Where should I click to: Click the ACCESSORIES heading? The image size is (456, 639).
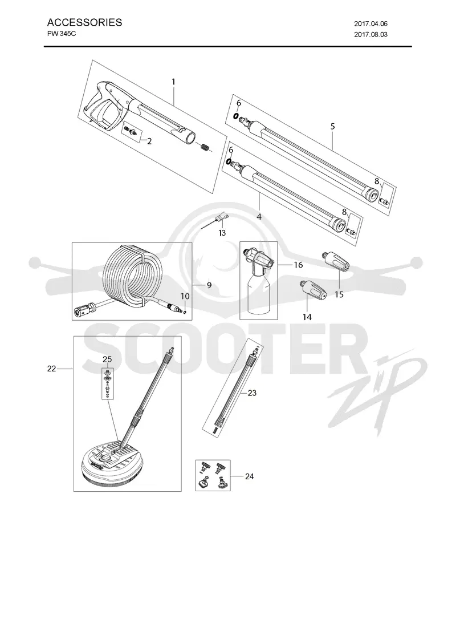tap(84, 22)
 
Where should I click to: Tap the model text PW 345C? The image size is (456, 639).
tap(62, 34)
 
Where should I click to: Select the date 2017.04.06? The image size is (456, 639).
tap(370, 24)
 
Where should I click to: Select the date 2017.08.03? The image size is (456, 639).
tap(370, 35)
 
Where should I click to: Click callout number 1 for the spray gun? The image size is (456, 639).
tap(173, 82)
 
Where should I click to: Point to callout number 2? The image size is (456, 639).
tap(149, 141)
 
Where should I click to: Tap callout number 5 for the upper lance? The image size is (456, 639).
tap(333, 126)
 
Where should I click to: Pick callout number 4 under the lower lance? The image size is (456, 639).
tap(259, 217)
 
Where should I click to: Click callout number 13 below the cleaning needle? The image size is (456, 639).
tap(222, 233)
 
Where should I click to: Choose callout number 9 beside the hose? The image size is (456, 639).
tap(209, 285)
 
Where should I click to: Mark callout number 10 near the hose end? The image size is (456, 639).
tap(185, 296)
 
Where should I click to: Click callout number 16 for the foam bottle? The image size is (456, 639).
tap(299, 265)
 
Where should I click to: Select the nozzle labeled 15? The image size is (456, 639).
tap(336, 261)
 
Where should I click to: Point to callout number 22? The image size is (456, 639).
tap(52, 369)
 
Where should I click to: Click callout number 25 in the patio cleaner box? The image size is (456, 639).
tap(107, 359)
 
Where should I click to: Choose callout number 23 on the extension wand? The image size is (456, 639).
tap(252, 393)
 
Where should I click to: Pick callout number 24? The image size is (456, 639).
tap(250, 476)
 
